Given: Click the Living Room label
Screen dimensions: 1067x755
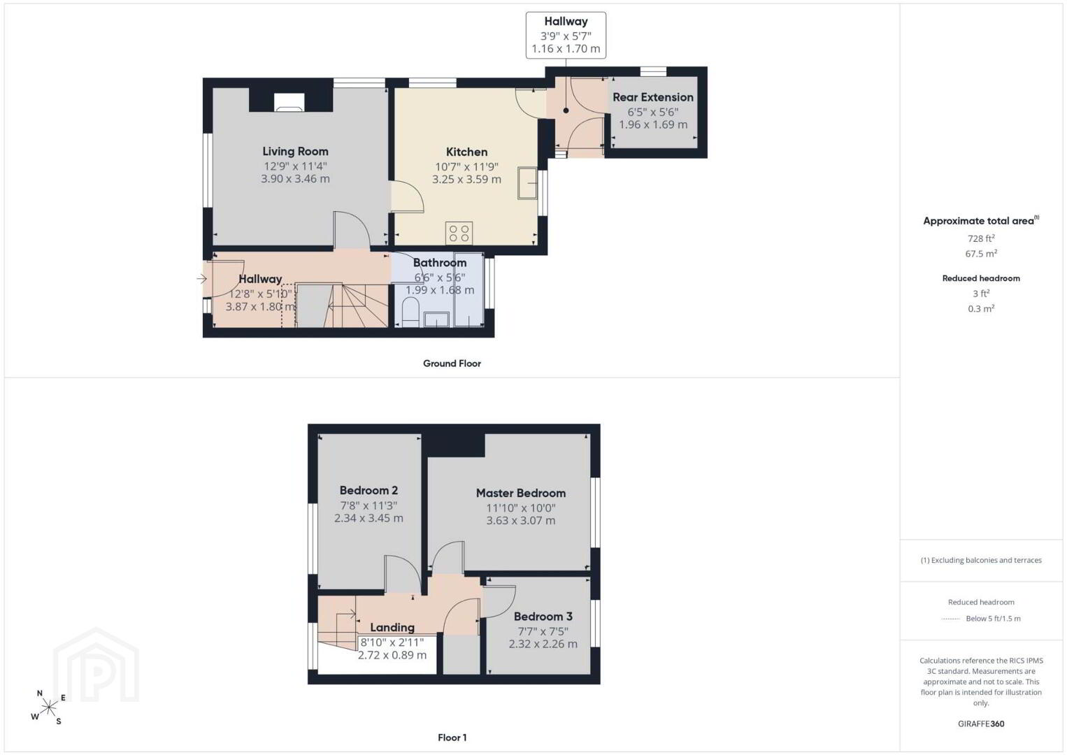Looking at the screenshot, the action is coord(295,152).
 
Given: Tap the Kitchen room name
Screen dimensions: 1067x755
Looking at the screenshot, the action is coord(466,152).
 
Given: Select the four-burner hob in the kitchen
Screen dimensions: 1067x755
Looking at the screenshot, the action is coord(459,233).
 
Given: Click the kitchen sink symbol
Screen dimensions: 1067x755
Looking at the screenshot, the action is coord(527,183).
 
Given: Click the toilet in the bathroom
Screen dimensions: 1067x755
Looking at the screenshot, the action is coord(410,312).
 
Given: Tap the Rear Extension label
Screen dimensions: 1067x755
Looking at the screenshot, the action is coord(652,97).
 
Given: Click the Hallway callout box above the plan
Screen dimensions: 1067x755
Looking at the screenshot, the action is coord(566,35).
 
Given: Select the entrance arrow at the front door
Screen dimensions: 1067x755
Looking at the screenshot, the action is coord(202,279).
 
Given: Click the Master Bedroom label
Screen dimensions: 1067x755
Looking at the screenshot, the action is coord(521,493).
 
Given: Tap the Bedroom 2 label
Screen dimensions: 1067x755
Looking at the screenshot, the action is coord(368,490).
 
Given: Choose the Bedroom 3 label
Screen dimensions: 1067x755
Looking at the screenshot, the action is coord(543,617).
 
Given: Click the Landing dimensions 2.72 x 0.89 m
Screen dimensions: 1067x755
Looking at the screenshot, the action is coord(392,655).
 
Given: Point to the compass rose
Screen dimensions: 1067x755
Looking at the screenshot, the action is coord(48,707).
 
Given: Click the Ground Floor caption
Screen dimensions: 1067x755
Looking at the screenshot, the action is coord(452,364).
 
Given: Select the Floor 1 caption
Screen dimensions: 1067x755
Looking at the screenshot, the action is coord(452,738).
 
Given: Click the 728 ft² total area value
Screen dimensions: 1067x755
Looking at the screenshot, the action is coord(981,238).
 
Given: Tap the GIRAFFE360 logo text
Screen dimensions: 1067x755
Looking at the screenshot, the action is coord(981,724).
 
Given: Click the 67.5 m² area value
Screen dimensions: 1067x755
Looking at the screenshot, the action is coord(981,253).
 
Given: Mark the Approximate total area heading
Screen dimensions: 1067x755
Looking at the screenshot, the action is coord(981,220).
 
